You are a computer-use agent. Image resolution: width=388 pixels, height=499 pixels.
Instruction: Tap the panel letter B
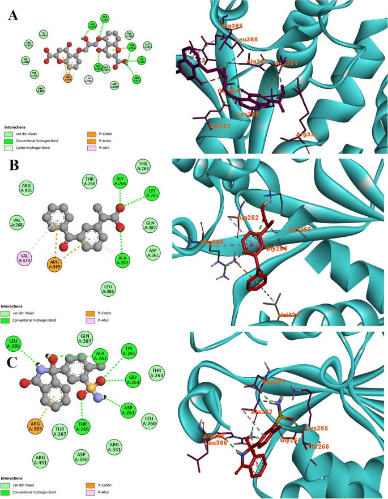pyautogui.click(x=12, y=167)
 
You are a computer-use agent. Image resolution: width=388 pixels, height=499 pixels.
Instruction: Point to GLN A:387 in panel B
pyautogui.click(x=150, y=225)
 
